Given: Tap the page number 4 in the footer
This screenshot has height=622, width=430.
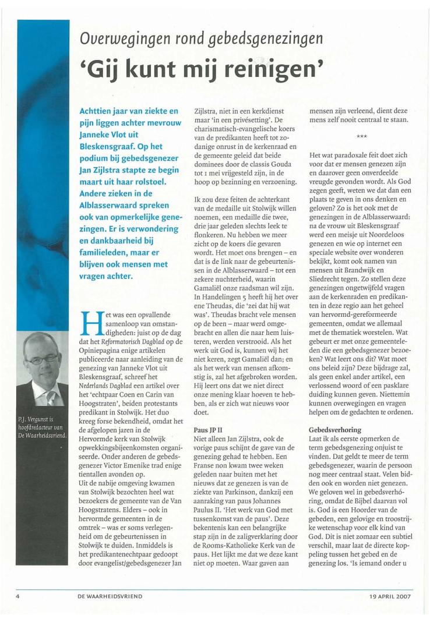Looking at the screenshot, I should pos(18,596).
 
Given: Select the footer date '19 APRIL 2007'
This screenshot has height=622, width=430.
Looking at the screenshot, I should pos(390,596).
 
